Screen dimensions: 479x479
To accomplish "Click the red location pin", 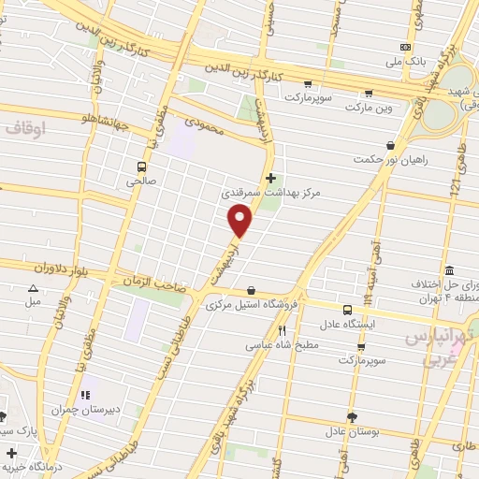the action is tap(241, 221).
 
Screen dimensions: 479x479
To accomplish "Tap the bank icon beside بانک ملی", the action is tap(405, 47).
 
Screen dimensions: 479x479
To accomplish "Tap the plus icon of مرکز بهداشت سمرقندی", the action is tap(271, 178).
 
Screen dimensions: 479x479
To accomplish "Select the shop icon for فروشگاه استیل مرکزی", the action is tap(250, 291).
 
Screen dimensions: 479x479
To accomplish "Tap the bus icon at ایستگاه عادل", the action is tap(347, 310).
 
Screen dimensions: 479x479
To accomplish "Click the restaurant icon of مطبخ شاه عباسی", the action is tap(281, 330).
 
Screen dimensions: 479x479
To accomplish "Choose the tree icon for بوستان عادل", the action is tap(351, 417).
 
